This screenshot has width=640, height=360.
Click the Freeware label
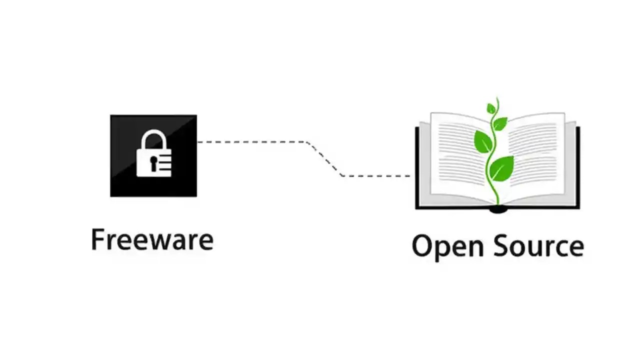152,239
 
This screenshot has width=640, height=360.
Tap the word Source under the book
536,246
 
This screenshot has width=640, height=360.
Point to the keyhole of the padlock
153,162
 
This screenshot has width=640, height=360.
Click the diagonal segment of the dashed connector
325,159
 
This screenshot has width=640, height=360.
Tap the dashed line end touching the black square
199,142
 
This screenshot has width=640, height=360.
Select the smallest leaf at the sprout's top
491,108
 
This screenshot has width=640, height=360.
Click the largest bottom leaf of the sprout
501,168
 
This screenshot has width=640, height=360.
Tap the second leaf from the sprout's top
500,122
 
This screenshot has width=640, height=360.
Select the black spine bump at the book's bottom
498,209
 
